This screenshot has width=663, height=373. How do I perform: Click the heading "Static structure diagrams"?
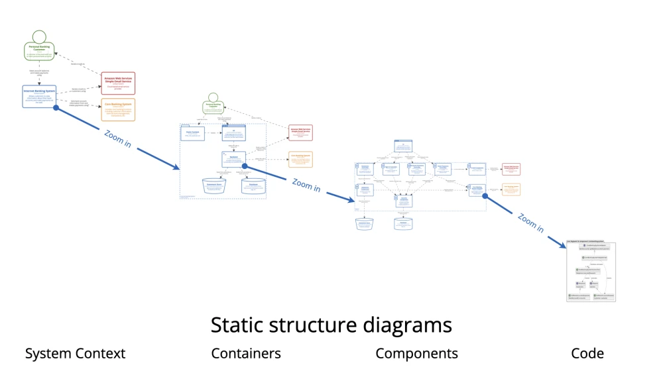point(331,325)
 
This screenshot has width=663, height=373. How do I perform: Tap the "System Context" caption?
point(75,354)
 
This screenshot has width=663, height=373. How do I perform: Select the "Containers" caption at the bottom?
point(246,354)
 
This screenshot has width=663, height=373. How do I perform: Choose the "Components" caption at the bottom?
point(416,354)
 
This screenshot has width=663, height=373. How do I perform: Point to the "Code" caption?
point(587,354)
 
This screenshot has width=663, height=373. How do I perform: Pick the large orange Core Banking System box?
point(118,109)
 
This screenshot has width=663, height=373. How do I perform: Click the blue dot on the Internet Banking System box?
point(56,107)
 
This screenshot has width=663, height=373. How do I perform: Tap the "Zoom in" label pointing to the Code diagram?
point(530,223)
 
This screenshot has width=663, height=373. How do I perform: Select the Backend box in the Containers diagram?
point(233,159)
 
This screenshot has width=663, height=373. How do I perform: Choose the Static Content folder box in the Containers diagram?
point(194,133)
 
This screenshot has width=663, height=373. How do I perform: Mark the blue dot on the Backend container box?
point(244,166)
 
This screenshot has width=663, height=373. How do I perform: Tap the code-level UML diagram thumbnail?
point(591,272)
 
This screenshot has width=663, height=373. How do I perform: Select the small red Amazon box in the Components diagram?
point(511,170)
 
